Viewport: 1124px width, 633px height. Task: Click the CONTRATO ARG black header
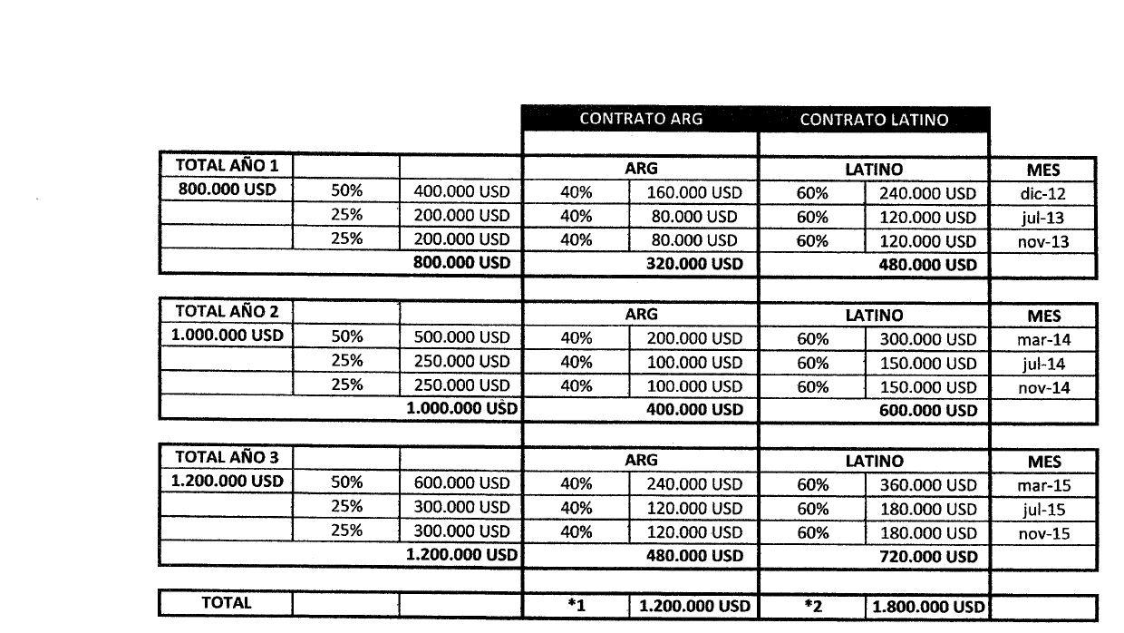point(640,119)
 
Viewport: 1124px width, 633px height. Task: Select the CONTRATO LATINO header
point(874,119)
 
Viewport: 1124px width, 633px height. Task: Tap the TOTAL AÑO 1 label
point(227,166)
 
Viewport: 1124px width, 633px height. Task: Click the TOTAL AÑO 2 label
point(227,312)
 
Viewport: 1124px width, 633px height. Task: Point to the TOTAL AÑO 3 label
point(227,457)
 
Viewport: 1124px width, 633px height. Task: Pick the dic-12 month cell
point(1043,193)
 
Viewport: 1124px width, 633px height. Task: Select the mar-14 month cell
point(1043,339)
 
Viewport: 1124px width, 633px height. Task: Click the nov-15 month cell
point(1043,533)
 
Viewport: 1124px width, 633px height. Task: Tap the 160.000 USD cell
point(693,192)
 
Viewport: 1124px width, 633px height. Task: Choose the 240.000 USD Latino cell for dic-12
point(928,193)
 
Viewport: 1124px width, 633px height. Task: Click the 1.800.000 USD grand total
point(928,607)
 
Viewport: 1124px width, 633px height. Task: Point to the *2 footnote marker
point(812,606)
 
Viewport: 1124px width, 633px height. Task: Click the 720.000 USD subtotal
point(928,557)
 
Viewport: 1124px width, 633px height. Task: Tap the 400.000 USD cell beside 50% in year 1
point(461,192)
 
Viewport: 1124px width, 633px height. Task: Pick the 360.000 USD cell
point(928,485)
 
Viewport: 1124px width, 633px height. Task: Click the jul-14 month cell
point(1043,364)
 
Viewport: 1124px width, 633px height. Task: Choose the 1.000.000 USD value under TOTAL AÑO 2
point(227,336)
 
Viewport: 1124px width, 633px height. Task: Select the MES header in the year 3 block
point(1043,462)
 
